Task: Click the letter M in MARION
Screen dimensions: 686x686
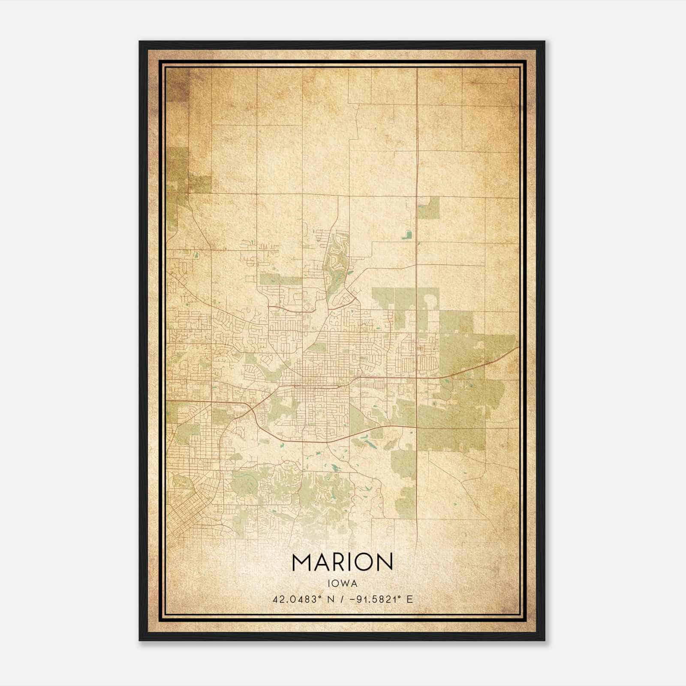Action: point(303,562)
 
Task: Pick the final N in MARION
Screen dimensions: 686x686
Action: point(385,562)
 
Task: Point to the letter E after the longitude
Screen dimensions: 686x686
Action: point(410,599)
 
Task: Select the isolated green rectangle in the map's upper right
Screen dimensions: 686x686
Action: point(428,208)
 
